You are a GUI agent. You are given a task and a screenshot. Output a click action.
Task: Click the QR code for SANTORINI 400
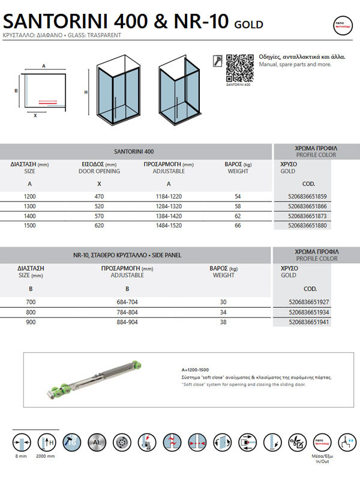pyautogui.click(x=239, y=67)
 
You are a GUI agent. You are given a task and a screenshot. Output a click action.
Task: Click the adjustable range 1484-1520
pyautogui.click(x=169, y=226)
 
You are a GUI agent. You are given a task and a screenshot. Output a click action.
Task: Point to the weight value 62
pyautogui.click(x=238, y=215)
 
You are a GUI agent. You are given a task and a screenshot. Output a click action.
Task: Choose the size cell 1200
pyautogui.click(x=29, y=197)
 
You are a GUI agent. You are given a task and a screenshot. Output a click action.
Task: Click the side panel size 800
pyautogui.click(x=29, y=313)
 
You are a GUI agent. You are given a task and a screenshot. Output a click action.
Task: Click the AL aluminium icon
pyautogui.click(x=97, y=443)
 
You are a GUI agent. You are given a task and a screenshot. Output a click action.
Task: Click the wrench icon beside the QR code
pyautogui.click(x=218, y=60)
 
